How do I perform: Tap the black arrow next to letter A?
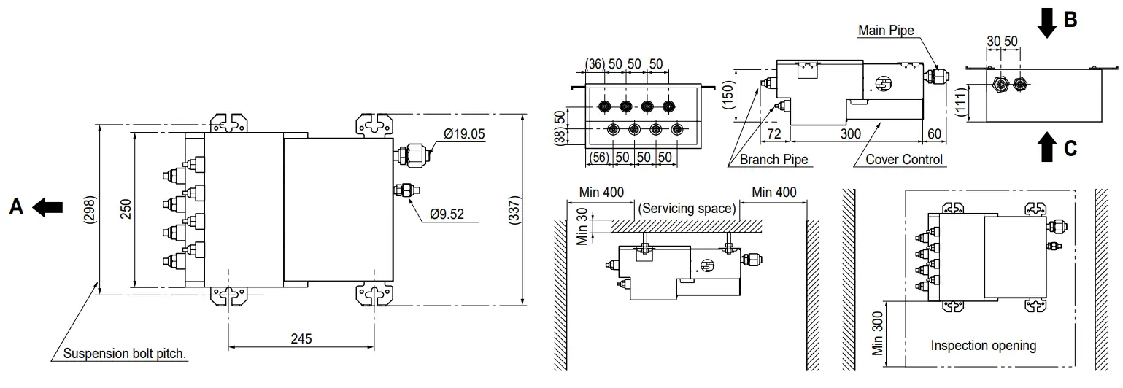coord(48,208)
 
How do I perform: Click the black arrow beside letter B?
coord(1047,23)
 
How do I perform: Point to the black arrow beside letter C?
coord(1047,148)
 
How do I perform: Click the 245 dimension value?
coord(301,338)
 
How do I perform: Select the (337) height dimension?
coord(515,211)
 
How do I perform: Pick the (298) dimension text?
coord(89,211)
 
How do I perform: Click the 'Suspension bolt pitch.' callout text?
coord(125,354)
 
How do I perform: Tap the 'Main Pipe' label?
coord(885,31)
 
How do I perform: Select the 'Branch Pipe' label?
coord(773,160)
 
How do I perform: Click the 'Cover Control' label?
coord(903,160)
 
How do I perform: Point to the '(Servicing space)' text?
coord(687,209)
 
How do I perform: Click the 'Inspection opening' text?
coord(983,346)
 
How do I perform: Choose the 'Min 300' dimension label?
coord(877,333)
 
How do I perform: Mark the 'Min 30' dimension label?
coord(582,228)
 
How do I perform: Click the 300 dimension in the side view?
coord(849,134)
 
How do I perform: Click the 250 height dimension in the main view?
coord(125,211)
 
